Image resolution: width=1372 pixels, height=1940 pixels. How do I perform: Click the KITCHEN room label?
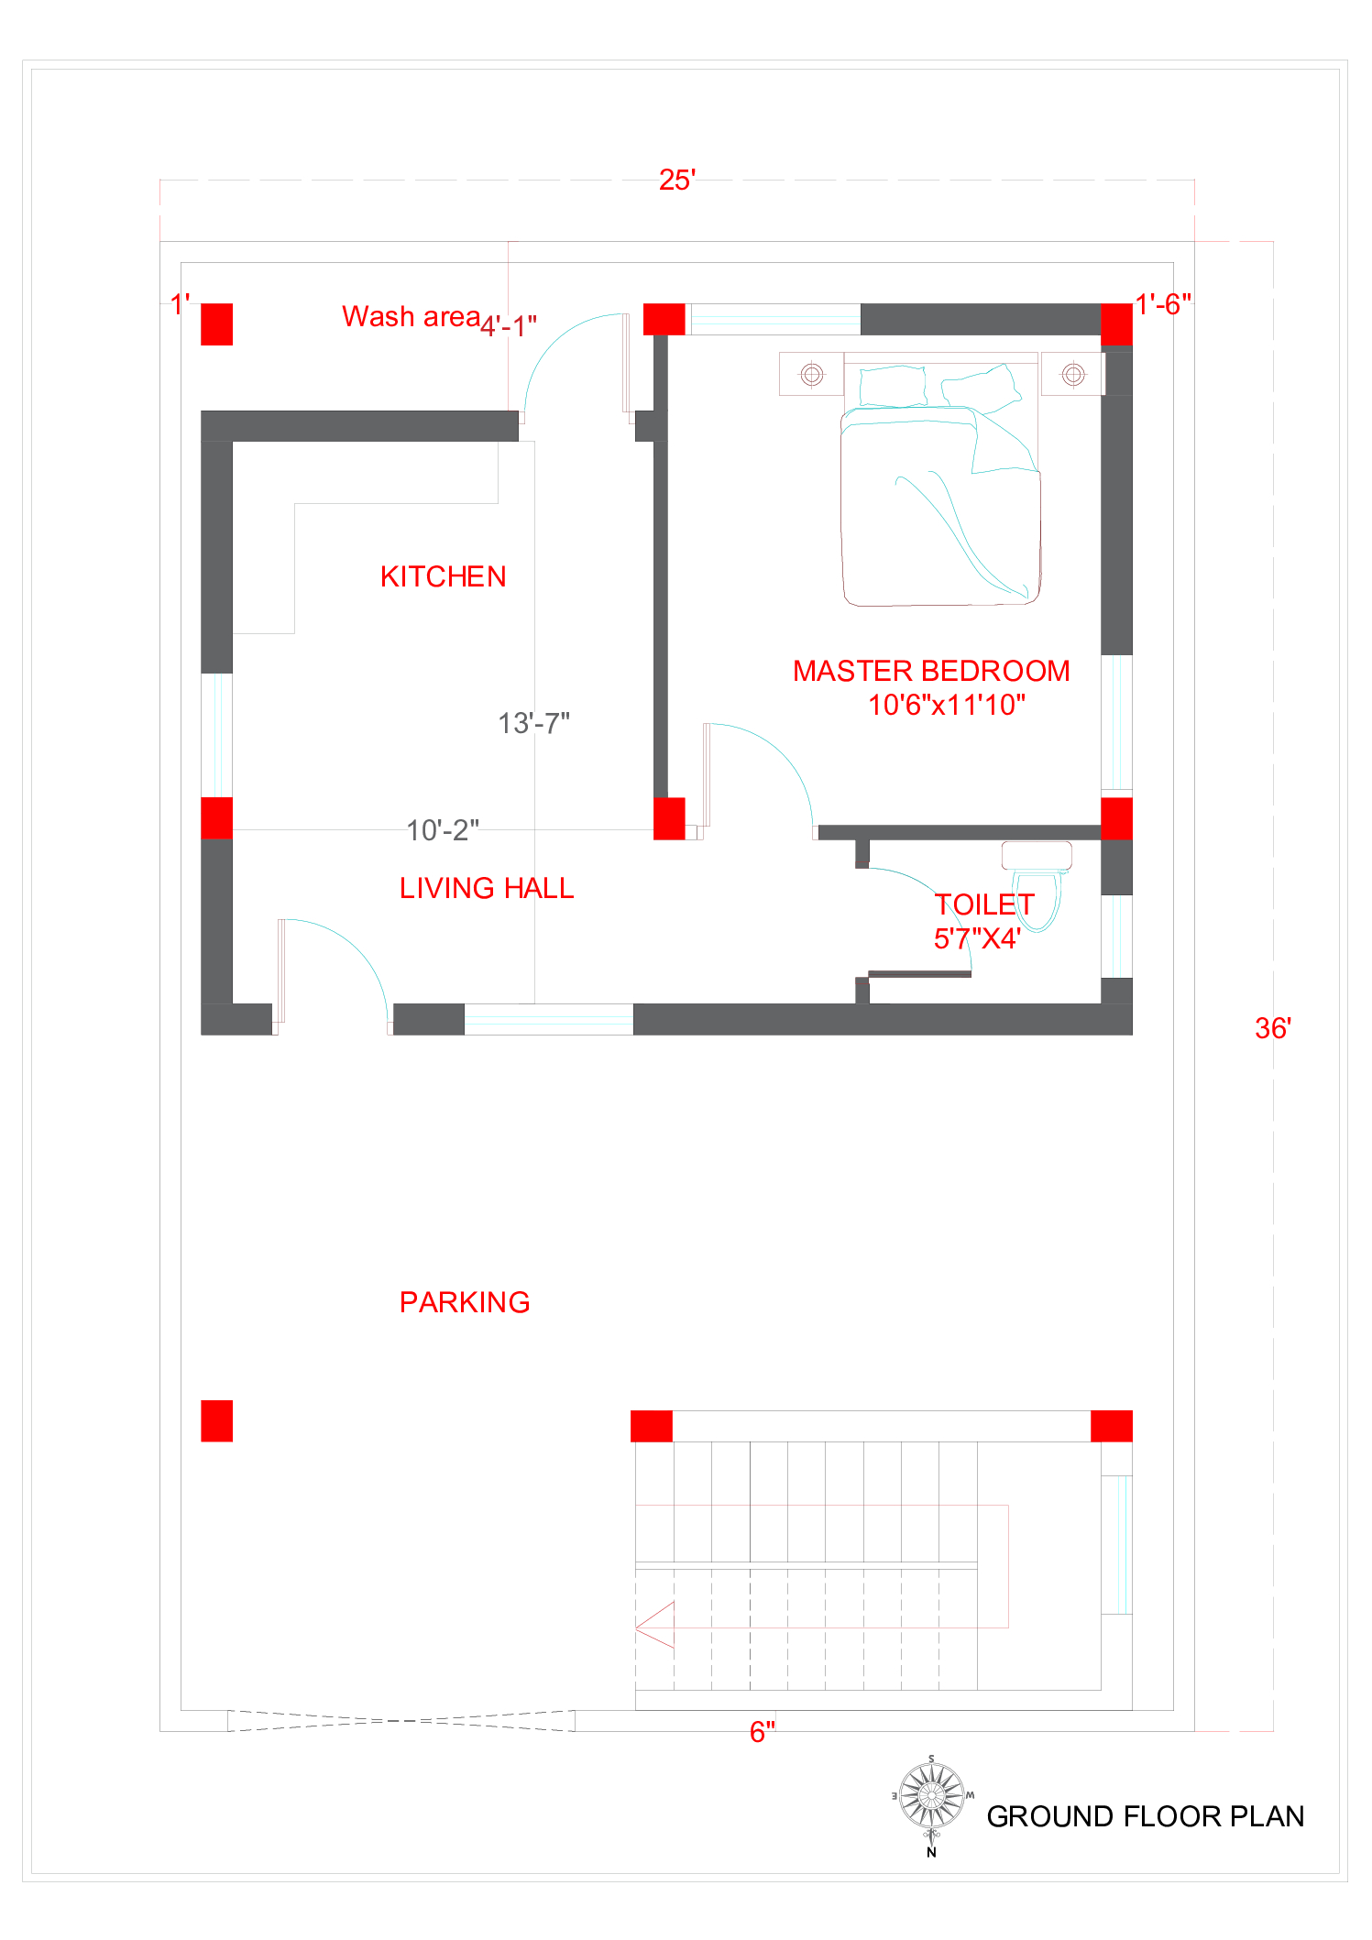[444, 576]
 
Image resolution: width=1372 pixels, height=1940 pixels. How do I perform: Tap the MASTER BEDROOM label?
[931, 671]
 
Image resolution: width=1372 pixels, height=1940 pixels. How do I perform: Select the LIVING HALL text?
[487, 888]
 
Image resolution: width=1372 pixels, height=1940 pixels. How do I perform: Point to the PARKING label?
[465, 1302]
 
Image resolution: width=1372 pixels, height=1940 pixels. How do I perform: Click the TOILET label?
[984, 904]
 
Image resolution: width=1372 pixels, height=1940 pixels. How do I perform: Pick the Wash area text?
[411, 316]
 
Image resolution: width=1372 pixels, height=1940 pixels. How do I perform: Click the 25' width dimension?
[677, 180]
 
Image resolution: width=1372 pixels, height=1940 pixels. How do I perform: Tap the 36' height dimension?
[1273, 1028]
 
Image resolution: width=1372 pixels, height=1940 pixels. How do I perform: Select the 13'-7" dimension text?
[533, 723]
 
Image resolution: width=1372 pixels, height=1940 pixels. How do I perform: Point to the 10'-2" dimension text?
[443, 830]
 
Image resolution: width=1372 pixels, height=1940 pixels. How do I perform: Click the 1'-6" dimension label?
[1163, 304]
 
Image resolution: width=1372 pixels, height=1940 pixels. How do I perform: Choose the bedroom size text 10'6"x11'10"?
[947, 705]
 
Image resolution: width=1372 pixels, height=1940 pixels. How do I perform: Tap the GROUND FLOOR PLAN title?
[1145, 1816]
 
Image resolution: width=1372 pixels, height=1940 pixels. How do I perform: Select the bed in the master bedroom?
[941, 478]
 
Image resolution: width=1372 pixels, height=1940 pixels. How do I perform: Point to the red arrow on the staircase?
[655, 1625]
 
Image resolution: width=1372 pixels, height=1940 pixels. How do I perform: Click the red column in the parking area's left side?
[217, 1420]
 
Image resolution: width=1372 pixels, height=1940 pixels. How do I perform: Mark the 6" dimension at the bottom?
[763, 1732]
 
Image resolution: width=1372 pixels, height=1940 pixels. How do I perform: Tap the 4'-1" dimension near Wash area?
[509, 325]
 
